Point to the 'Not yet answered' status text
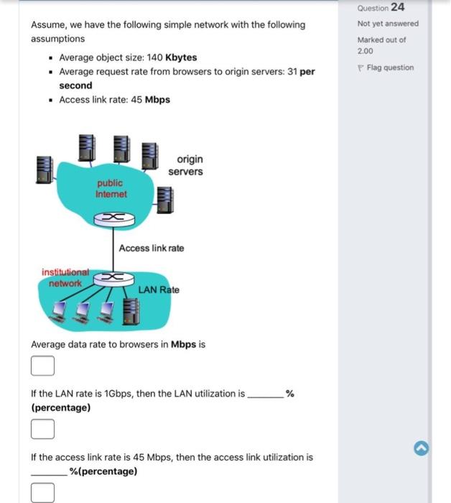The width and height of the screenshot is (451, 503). (x=387, y=24)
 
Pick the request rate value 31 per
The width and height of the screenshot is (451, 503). (x=301, y=72)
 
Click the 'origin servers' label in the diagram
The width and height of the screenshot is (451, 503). (x=186, y=165)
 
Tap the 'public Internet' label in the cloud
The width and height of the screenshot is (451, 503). (x=111, y=189)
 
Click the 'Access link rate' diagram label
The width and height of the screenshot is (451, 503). (x=151, y=248)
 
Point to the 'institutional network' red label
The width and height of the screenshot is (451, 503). (x=65, y=278)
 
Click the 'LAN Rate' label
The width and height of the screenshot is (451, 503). (x=159, y=290)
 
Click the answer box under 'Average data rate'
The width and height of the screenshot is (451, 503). (x=42, y=366)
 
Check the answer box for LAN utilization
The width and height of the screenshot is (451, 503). (x=42, y=430)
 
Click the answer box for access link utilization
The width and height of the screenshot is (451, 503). (x=42, y=493)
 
